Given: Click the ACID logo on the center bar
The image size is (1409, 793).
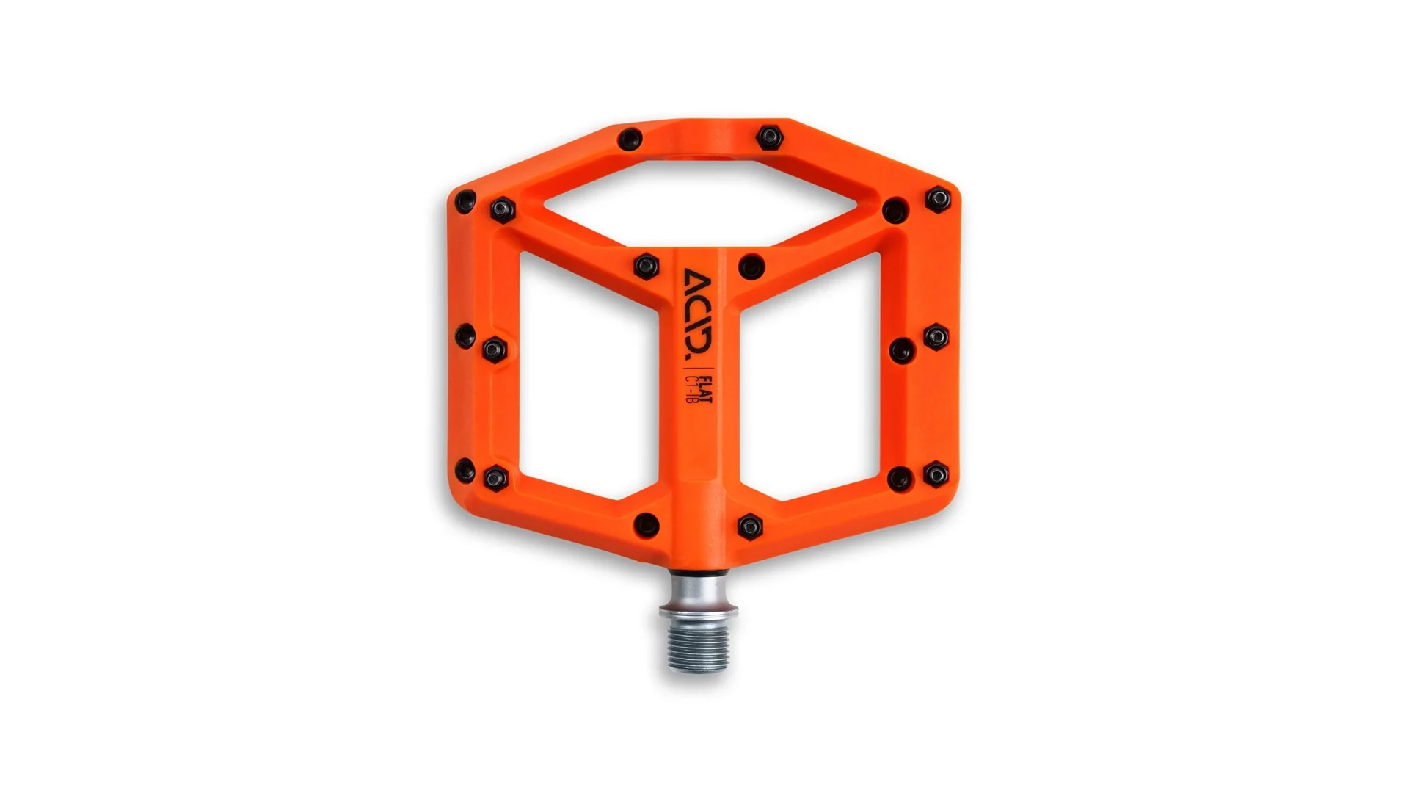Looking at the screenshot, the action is click(x=698, y=314).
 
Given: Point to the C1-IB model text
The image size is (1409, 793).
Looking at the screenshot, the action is click(x=691, y=389).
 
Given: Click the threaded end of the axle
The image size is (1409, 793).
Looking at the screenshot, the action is click(x=698, y=645).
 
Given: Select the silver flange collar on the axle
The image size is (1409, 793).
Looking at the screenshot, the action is click(x=698, y=612).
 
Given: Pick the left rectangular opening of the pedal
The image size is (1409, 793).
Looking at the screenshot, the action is click(x=587, y=374).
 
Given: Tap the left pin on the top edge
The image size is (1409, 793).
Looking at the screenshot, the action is click(x=630, y=139).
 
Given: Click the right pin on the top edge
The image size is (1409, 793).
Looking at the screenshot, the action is click(x=770, y=137).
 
